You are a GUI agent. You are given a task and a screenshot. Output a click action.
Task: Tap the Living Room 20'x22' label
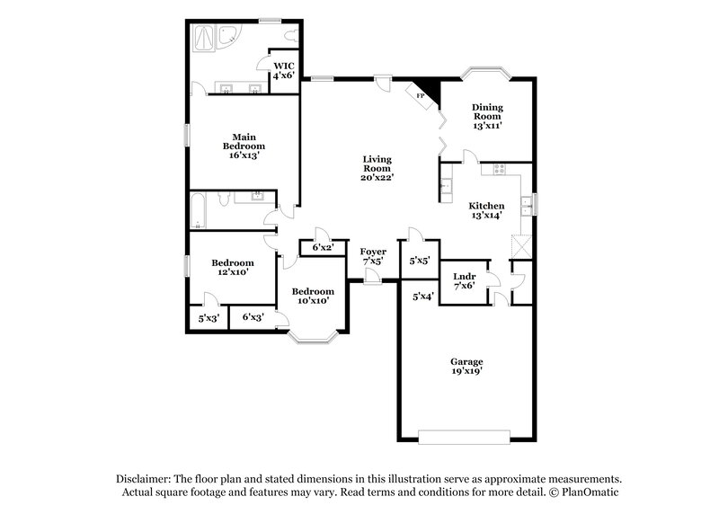point(377,169)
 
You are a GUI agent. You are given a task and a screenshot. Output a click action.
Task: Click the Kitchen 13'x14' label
point(486,210)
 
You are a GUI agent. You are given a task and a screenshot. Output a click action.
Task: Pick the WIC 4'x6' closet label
point(284,70)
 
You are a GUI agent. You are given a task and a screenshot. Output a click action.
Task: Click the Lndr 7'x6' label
point(464,280)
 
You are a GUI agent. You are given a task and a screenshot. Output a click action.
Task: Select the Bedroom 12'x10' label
point(230,267)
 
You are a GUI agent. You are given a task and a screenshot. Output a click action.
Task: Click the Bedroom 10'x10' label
point(313,296)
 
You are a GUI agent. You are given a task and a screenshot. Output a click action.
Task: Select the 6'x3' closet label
point(253,317)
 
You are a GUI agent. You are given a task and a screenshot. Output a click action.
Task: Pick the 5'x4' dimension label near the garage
point(422,296)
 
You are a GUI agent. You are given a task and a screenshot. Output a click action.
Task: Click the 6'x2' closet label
point(323,247)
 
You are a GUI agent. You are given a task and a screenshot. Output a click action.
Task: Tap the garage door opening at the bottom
point(466,439)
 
